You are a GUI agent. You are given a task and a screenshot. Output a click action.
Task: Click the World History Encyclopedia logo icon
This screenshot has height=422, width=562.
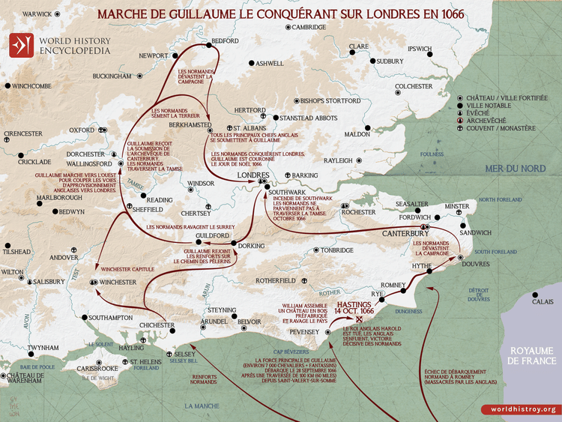pos(19,46)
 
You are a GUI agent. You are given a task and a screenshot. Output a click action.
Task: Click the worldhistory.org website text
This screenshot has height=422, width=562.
pos(519,409)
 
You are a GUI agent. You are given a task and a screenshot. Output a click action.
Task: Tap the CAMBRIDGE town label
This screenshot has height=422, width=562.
pos(309,27)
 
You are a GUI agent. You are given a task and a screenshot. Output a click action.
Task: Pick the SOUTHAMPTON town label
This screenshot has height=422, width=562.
pos(109,318)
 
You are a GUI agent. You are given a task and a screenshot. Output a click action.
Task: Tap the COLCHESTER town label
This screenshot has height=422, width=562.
pos(414,86)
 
